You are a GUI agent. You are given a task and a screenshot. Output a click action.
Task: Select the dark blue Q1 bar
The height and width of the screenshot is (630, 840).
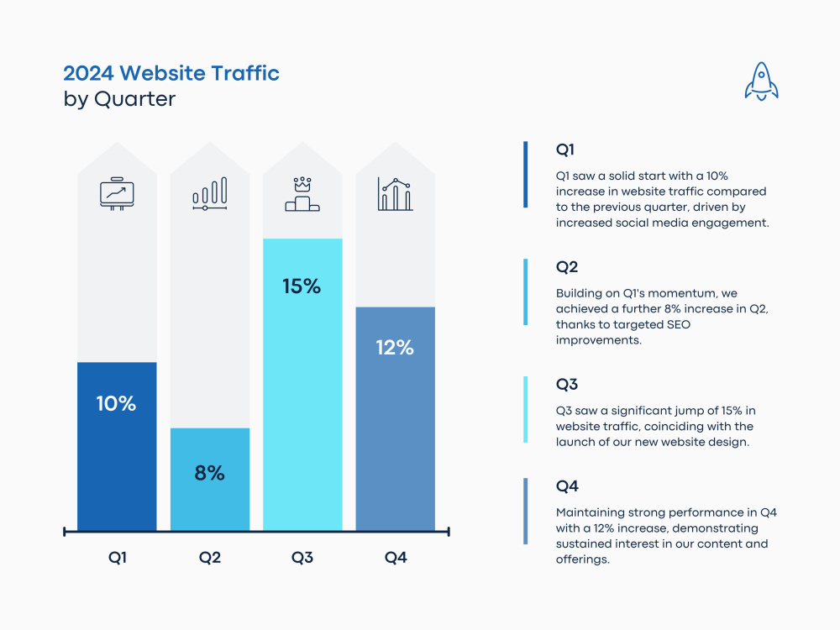tap(117, 454)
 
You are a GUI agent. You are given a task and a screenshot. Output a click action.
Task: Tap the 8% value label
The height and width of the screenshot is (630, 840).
tap(209, 473)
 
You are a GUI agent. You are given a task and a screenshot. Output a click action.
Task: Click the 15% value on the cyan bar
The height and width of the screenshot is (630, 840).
tap(302, 286)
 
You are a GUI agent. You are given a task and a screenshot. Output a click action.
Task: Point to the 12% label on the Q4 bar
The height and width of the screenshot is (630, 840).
tap(395, 348)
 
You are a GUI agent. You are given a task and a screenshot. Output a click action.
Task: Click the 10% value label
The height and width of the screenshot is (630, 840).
tap(116, 403)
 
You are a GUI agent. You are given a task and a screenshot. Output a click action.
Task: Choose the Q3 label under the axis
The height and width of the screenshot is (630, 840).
tap(302, 557)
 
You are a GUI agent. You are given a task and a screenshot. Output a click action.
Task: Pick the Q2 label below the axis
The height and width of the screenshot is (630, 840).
tap(210, 557)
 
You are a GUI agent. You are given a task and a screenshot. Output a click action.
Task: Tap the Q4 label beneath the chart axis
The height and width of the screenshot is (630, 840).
tap(396, 557)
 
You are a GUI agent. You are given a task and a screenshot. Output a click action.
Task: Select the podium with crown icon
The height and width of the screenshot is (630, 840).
tap(302, 194)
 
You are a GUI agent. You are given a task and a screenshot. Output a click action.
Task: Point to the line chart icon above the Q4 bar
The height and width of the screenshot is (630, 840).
tap(395, 194)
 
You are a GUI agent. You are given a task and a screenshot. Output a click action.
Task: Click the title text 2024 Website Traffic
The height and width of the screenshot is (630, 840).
tap(171, 73)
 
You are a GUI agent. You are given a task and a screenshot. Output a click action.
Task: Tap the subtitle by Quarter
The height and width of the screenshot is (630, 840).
tap(119, 98)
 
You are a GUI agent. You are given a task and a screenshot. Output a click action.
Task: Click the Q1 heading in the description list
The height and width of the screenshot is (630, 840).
tap(565, 150)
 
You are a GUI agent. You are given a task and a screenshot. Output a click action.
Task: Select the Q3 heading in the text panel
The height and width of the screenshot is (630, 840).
tap(567, 385)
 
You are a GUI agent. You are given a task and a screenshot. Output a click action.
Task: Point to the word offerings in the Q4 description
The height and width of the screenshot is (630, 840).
tap(582, 559)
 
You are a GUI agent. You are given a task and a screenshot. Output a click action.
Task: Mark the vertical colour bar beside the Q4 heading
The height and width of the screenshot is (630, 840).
tap(526, 511)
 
